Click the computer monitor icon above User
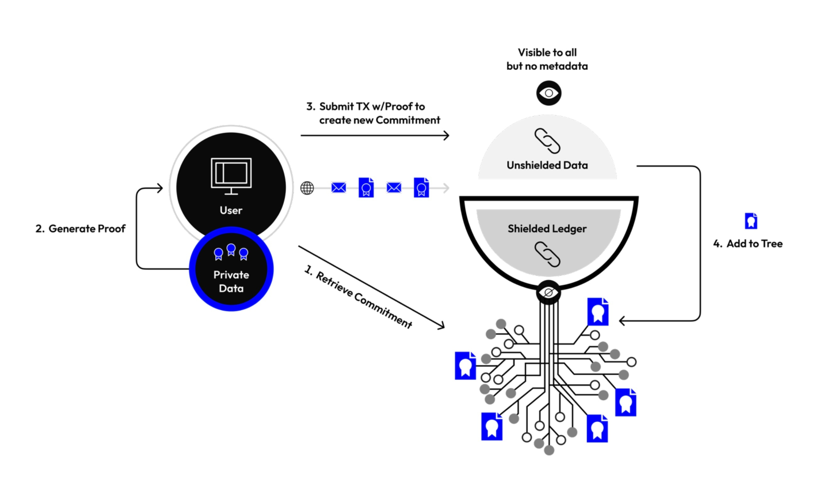click(231, 176)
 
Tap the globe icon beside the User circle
click(307, 188)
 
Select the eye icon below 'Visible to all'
click(549, 93)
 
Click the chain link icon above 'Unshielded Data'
click(547, 141)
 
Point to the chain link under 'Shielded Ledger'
click(547, 254)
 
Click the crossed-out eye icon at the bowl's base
click(548, 293)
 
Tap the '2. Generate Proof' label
click(80, 229)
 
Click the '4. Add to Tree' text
click(748, 243)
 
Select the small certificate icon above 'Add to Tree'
click(751, 221)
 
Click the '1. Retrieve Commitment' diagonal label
click(359, 297)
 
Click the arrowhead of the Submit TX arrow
click(447, 136)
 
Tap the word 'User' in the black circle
click(231, 210)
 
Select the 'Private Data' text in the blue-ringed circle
click(231, 281)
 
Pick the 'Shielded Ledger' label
click(547, 229)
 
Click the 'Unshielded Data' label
click(547, 165)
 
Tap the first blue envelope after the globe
click(339, 188)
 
